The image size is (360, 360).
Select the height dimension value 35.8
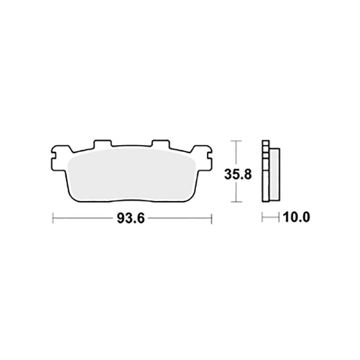tap(235, 174)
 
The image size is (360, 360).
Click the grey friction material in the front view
tap(130, 175)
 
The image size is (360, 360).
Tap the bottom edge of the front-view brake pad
tap(130, 202)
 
